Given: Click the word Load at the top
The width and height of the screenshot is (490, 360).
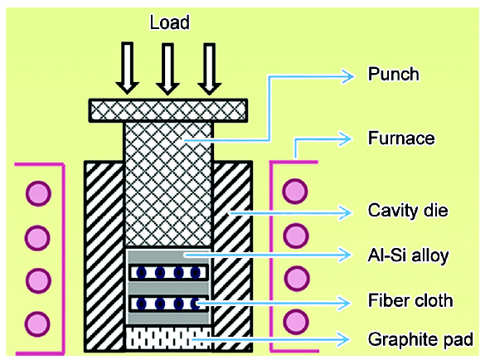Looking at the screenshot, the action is tap(170, 22).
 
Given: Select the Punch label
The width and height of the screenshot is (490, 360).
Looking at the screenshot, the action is tap(394, 74).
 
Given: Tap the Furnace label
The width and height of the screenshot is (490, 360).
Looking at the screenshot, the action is tap(401, 138).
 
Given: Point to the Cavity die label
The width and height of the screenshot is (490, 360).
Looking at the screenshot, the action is tap(408, 210).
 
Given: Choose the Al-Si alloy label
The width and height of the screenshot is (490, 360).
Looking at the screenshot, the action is tap(408, 255).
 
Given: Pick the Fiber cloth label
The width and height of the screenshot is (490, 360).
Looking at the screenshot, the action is tap(410, 300).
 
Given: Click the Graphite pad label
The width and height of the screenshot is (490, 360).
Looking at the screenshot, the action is tap(420, 339).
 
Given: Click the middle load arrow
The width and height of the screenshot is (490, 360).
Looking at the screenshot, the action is tap(167, 69).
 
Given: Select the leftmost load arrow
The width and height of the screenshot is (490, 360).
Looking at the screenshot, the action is tap(127, 68).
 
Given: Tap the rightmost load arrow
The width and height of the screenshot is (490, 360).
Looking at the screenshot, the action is tap(210, 69).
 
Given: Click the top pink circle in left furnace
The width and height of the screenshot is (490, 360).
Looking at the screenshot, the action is tap(38, 193).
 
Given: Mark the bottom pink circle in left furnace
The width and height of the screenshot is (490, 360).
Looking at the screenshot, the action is tap(37, 324).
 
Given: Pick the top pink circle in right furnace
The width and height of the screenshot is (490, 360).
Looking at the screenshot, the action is tap(295, 191).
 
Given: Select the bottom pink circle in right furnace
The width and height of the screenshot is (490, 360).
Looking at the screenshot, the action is tap(296, 322).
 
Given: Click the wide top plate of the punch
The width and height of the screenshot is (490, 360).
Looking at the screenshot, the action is tap(168, 110).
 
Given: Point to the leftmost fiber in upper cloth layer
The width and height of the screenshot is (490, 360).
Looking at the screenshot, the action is tap(141, 273).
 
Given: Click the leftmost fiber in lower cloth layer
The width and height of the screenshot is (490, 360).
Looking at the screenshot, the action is tap(141, 304).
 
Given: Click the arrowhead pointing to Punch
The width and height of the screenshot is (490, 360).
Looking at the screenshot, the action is tap(348, 76).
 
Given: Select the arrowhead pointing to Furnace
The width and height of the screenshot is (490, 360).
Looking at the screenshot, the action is tap(345, 139).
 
